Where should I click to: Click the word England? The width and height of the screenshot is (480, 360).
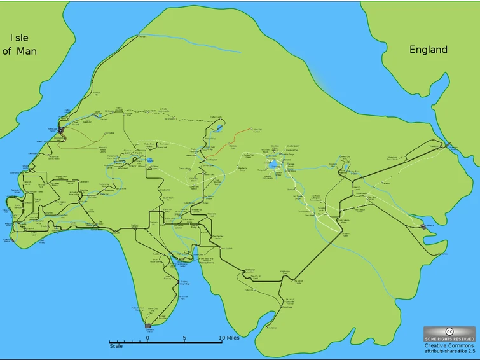tap(428, 50)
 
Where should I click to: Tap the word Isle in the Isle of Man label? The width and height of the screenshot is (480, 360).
tap(18, 38)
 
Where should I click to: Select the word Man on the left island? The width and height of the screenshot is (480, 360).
tap(26, 51)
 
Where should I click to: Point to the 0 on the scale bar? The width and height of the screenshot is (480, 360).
tap(147, 338)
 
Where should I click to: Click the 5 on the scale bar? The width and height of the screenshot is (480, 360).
tap(184, 338)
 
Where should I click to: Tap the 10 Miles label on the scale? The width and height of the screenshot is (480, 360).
tap(230, 338)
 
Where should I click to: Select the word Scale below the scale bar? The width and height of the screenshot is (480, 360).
tap(116, 346)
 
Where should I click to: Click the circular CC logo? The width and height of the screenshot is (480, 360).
tap(449, 331)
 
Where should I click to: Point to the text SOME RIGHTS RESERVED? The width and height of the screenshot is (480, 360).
tap(449, 339)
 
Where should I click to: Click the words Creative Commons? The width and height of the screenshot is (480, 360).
tap(449, 345)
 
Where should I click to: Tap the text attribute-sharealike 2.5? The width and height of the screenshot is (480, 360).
tap(449, 351)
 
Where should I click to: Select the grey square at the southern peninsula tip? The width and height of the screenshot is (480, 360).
tap(148, 326)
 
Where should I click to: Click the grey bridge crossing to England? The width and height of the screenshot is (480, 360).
tap(452, 148)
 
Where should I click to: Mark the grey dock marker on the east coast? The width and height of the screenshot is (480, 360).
tap(423, 226)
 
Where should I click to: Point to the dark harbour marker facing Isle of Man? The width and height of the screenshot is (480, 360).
tap(61, 130)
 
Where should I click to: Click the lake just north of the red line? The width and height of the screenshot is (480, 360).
tap(219, 128)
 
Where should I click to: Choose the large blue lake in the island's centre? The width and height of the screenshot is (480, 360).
tap(273, 164)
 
